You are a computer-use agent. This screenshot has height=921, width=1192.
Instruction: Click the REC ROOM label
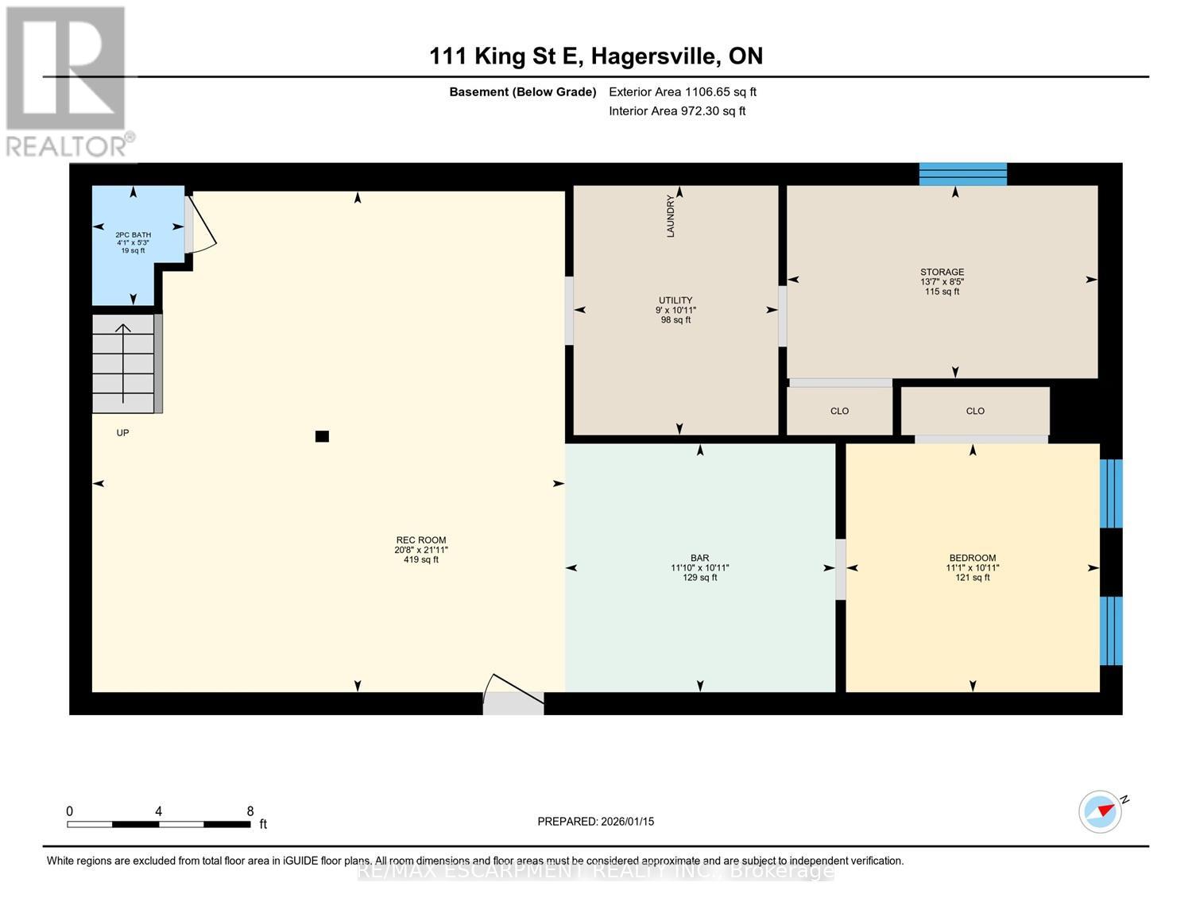click(421, 540)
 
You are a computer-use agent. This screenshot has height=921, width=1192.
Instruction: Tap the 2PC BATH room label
click(133, 235)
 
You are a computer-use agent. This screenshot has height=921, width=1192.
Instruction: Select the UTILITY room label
click(675, 300)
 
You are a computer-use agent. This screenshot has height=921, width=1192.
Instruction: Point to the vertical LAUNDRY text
click(671, 216)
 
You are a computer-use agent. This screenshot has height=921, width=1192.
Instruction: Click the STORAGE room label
click(942, 273)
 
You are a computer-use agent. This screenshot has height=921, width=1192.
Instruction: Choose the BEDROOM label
click(972, 558)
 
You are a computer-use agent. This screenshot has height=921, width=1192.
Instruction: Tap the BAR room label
click(699, 558)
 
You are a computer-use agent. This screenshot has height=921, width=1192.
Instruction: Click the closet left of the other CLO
click(839, 411)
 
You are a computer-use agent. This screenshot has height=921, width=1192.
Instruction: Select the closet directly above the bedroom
click(975, 411)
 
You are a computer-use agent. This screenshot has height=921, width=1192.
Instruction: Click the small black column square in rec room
click(322, 436)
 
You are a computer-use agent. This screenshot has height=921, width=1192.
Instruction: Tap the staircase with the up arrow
click(124, 364)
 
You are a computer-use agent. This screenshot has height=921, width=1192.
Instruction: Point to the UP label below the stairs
click(122, 433)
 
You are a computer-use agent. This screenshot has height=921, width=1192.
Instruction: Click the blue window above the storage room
click(962, 174)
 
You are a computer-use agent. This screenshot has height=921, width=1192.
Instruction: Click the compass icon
click(1101, 811)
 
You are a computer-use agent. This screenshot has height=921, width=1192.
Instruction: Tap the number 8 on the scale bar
click(250, 811)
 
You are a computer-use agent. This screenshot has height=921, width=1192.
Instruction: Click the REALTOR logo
click(67, 79)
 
